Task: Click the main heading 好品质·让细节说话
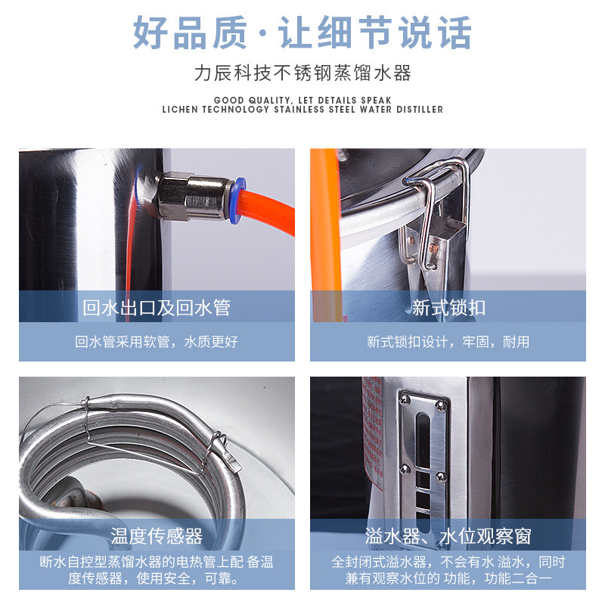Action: pyautogui.click(x=302, y=33)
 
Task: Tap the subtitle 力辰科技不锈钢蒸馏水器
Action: pyautogui.click(x=302, y=73)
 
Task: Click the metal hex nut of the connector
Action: pyautogui.click(x=172, y=197)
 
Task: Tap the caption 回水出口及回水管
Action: pyautogui.click(x=157, y=308)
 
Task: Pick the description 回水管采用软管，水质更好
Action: pyautogui.click(x=157, y=342)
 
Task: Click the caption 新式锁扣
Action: pyautogui.click(x=448, y=308)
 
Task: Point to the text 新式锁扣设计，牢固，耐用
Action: pyautogui.click(x=448, y=342)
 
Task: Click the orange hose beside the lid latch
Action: pyautogui.click(x=327, y=231)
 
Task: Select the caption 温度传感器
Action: pyautogui.click(x=157, y=536)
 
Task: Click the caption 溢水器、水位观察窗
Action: pyautogui.click(x=448, y=536)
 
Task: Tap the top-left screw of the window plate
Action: pyautogui.click(x=405, y=398)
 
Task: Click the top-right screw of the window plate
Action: pyautogui.click(x=440, y=405)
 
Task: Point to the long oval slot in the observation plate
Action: pyautogui.click(x=423, y=439)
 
